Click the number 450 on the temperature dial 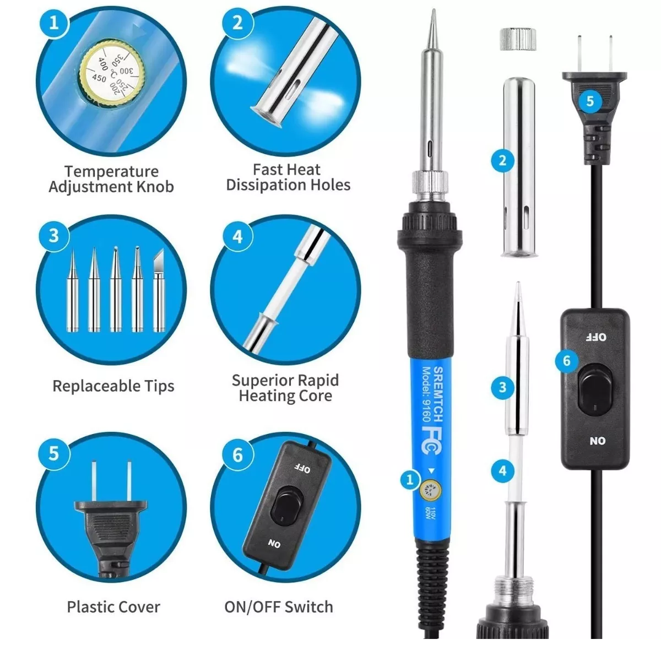99,79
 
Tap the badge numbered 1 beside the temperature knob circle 54,23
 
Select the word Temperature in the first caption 111,171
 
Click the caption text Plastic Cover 113,607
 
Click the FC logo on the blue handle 431,441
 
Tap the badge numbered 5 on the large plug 589,101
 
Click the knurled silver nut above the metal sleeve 518,40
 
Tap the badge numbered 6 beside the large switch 566,360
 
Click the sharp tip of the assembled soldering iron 434,10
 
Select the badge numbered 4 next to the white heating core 502,470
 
